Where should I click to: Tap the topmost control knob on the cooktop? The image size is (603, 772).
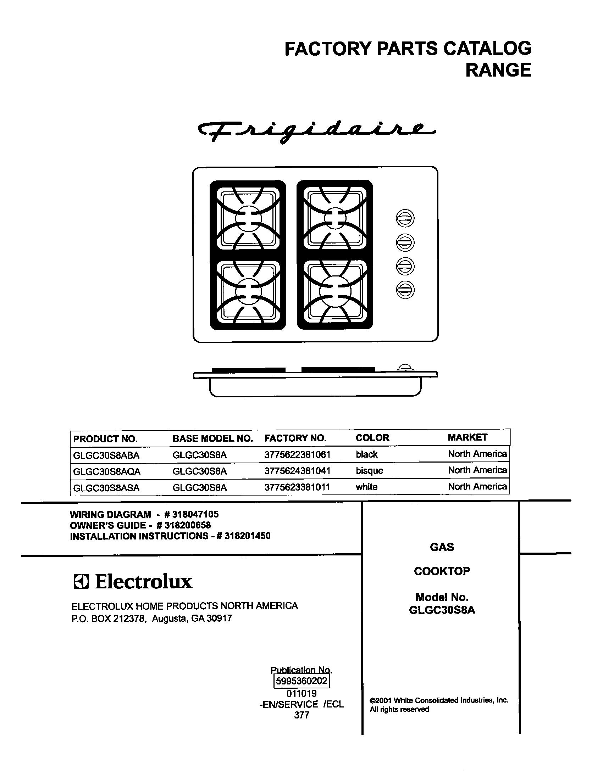[405, 218]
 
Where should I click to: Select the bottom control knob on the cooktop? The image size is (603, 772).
[405, 290]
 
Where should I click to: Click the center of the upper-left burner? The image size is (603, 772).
[248, 219]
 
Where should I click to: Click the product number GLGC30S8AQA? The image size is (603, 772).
[107, 471]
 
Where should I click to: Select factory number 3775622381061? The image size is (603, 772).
[297, 455]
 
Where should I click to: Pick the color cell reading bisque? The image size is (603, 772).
[370, 471]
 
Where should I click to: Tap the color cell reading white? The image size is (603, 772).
[367, 487]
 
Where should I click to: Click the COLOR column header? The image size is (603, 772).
[372, 438]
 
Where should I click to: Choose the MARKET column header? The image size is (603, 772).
[468, 438]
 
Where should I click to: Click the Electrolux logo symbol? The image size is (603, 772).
[81, 582]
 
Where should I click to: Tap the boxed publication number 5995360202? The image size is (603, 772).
[301, 681]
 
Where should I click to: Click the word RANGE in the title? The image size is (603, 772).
[498, 70]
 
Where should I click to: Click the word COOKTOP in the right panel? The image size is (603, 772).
[442, 571]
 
